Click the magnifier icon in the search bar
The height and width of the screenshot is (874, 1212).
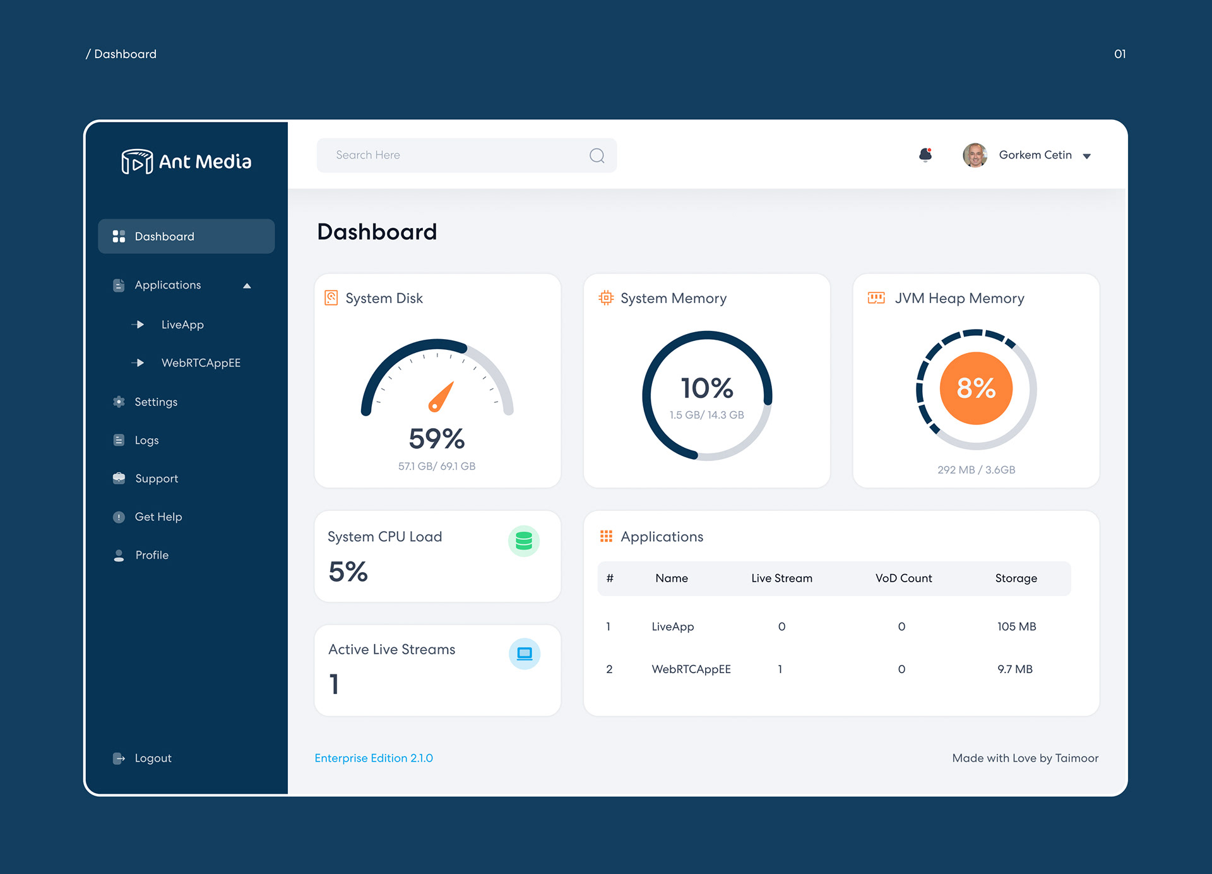tap(597, 155)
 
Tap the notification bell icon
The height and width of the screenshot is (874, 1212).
tap(925, 155)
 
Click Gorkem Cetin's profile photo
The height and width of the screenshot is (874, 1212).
tap(975, 155)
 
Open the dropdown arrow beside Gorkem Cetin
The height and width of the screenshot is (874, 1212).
tap(1087, 156)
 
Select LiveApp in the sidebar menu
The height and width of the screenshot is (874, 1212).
tap(182, 325)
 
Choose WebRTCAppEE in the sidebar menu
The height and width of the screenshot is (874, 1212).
tap(201, 363)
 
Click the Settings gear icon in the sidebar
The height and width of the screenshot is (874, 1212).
tap(119, 402)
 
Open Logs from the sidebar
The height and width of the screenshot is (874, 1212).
tap(146, 440)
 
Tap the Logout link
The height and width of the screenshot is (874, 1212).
tap(153, 758)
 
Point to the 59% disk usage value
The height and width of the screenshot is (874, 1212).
tap(437, 438)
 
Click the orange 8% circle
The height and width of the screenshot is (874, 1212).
tap(976, 388)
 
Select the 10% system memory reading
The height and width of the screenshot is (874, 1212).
tap(707, 388)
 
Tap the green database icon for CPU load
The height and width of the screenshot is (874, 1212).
tap(524, 541)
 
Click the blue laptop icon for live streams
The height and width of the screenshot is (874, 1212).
tap(525, 654)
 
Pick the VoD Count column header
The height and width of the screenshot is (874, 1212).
tap(903, 578)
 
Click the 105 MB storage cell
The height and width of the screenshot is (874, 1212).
tap(1016, 626)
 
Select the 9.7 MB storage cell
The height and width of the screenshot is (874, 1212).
tap(1015, 669)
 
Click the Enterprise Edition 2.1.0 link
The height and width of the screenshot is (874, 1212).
tap(374, 758)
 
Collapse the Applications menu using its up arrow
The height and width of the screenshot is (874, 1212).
tap(247, 285)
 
